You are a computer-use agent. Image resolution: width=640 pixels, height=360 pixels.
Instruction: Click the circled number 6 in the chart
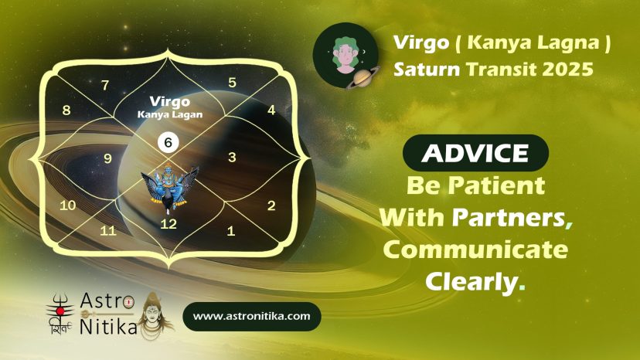point(169,142)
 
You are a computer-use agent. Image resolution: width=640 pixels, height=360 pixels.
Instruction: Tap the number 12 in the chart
point(169,224)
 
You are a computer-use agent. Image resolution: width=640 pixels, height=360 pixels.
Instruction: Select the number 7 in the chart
point(105,85)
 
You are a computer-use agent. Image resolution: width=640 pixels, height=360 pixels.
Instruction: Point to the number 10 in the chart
point(68,205)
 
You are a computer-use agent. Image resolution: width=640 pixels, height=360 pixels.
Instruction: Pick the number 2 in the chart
point(271,205)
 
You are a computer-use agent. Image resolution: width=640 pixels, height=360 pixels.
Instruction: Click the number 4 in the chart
point(271,110)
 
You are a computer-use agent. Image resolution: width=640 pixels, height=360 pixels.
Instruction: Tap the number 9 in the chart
point(107,158)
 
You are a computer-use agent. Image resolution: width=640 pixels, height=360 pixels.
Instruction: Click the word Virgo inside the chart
point(169,102)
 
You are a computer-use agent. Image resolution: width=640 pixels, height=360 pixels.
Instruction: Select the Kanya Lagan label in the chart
point(170,114)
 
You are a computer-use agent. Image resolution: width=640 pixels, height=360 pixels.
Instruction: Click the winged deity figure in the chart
point(169,188)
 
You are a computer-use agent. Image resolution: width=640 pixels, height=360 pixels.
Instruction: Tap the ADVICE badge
point(475,153)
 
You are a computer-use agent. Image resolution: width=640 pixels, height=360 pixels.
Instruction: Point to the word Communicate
point(475,250)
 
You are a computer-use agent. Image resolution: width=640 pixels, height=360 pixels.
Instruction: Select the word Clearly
point(471,281)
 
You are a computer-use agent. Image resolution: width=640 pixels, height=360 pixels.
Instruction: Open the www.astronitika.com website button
point(252,316)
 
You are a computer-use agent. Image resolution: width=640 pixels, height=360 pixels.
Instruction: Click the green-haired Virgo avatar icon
point(346,55)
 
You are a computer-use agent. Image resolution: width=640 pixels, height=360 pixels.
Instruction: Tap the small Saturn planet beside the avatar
point(363,77)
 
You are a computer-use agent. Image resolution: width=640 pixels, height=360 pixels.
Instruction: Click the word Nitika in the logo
point(108,327)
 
